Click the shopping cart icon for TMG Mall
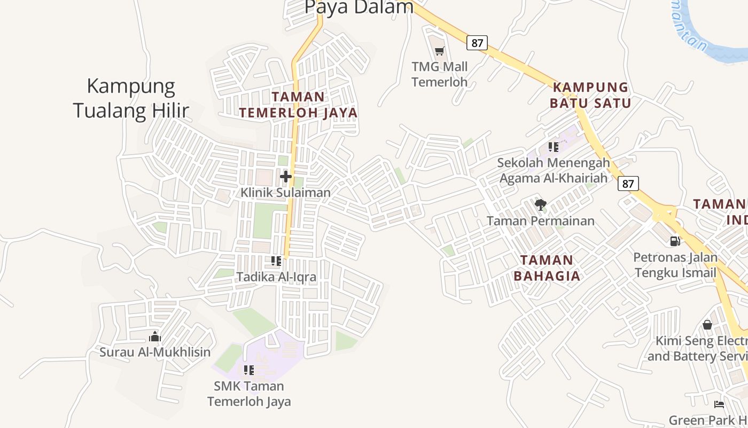pos(439,51)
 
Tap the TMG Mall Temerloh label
pos(439,74)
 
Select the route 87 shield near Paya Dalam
pos(477,43)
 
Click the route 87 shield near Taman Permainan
pos(628,184)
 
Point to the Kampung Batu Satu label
pos(590,95)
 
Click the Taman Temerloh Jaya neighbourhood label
pos(298,104)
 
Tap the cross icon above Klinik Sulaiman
pos(286,176)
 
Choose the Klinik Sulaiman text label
pos(285,192)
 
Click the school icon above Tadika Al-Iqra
pos(276,261)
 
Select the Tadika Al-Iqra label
pos(276,277)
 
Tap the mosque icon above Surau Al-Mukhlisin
pos(155,337)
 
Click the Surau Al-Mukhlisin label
pos(155,352)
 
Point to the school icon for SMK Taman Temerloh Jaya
pos(248,370)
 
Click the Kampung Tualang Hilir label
pos(131,98)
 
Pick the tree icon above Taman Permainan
pos(540,204)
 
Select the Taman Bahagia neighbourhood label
pos(547,268)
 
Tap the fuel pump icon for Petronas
pos(675,241)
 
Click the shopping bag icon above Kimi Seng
pos(707,325)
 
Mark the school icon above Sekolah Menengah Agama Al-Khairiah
pos(554,147)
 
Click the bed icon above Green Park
pos(719,404)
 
